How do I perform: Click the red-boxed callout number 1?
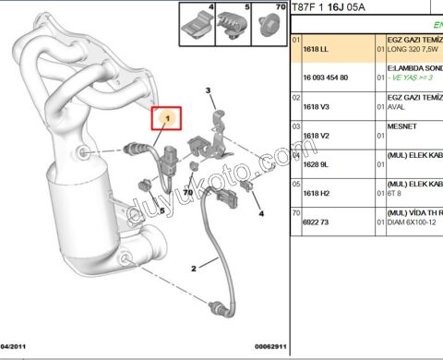(x=168, y=119)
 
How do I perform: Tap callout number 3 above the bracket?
(x=209, y=90)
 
